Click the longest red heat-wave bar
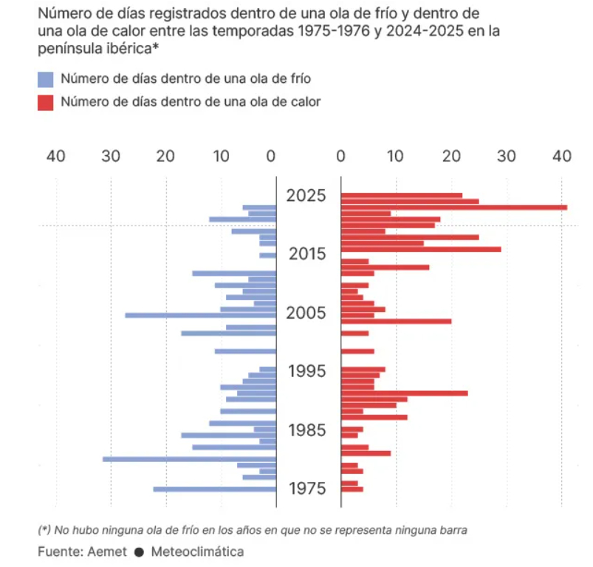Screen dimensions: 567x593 (453, 207)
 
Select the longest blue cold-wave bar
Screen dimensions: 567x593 (189, 459)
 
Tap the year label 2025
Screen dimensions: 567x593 (306, 196)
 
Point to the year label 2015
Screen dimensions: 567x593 (306, 254)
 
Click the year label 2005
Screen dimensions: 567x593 (306, 313)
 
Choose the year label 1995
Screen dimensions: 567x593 (306, 371)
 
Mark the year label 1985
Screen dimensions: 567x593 (306, 430)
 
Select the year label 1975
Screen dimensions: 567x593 (306, 489)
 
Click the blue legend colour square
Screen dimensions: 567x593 (46, 79)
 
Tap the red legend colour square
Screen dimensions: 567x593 (46, 102)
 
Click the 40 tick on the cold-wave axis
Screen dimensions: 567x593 (56, 156)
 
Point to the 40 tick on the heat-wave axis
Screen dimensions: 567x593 (562, 156)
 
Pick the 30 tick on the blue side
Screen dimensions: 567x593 (111, 156)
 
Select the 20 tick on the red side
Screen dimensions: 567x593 (451, 156)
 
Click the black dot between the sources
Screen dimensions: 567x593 (138, 551)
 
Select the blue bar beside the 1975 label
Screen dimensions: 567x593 (214, 489)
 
